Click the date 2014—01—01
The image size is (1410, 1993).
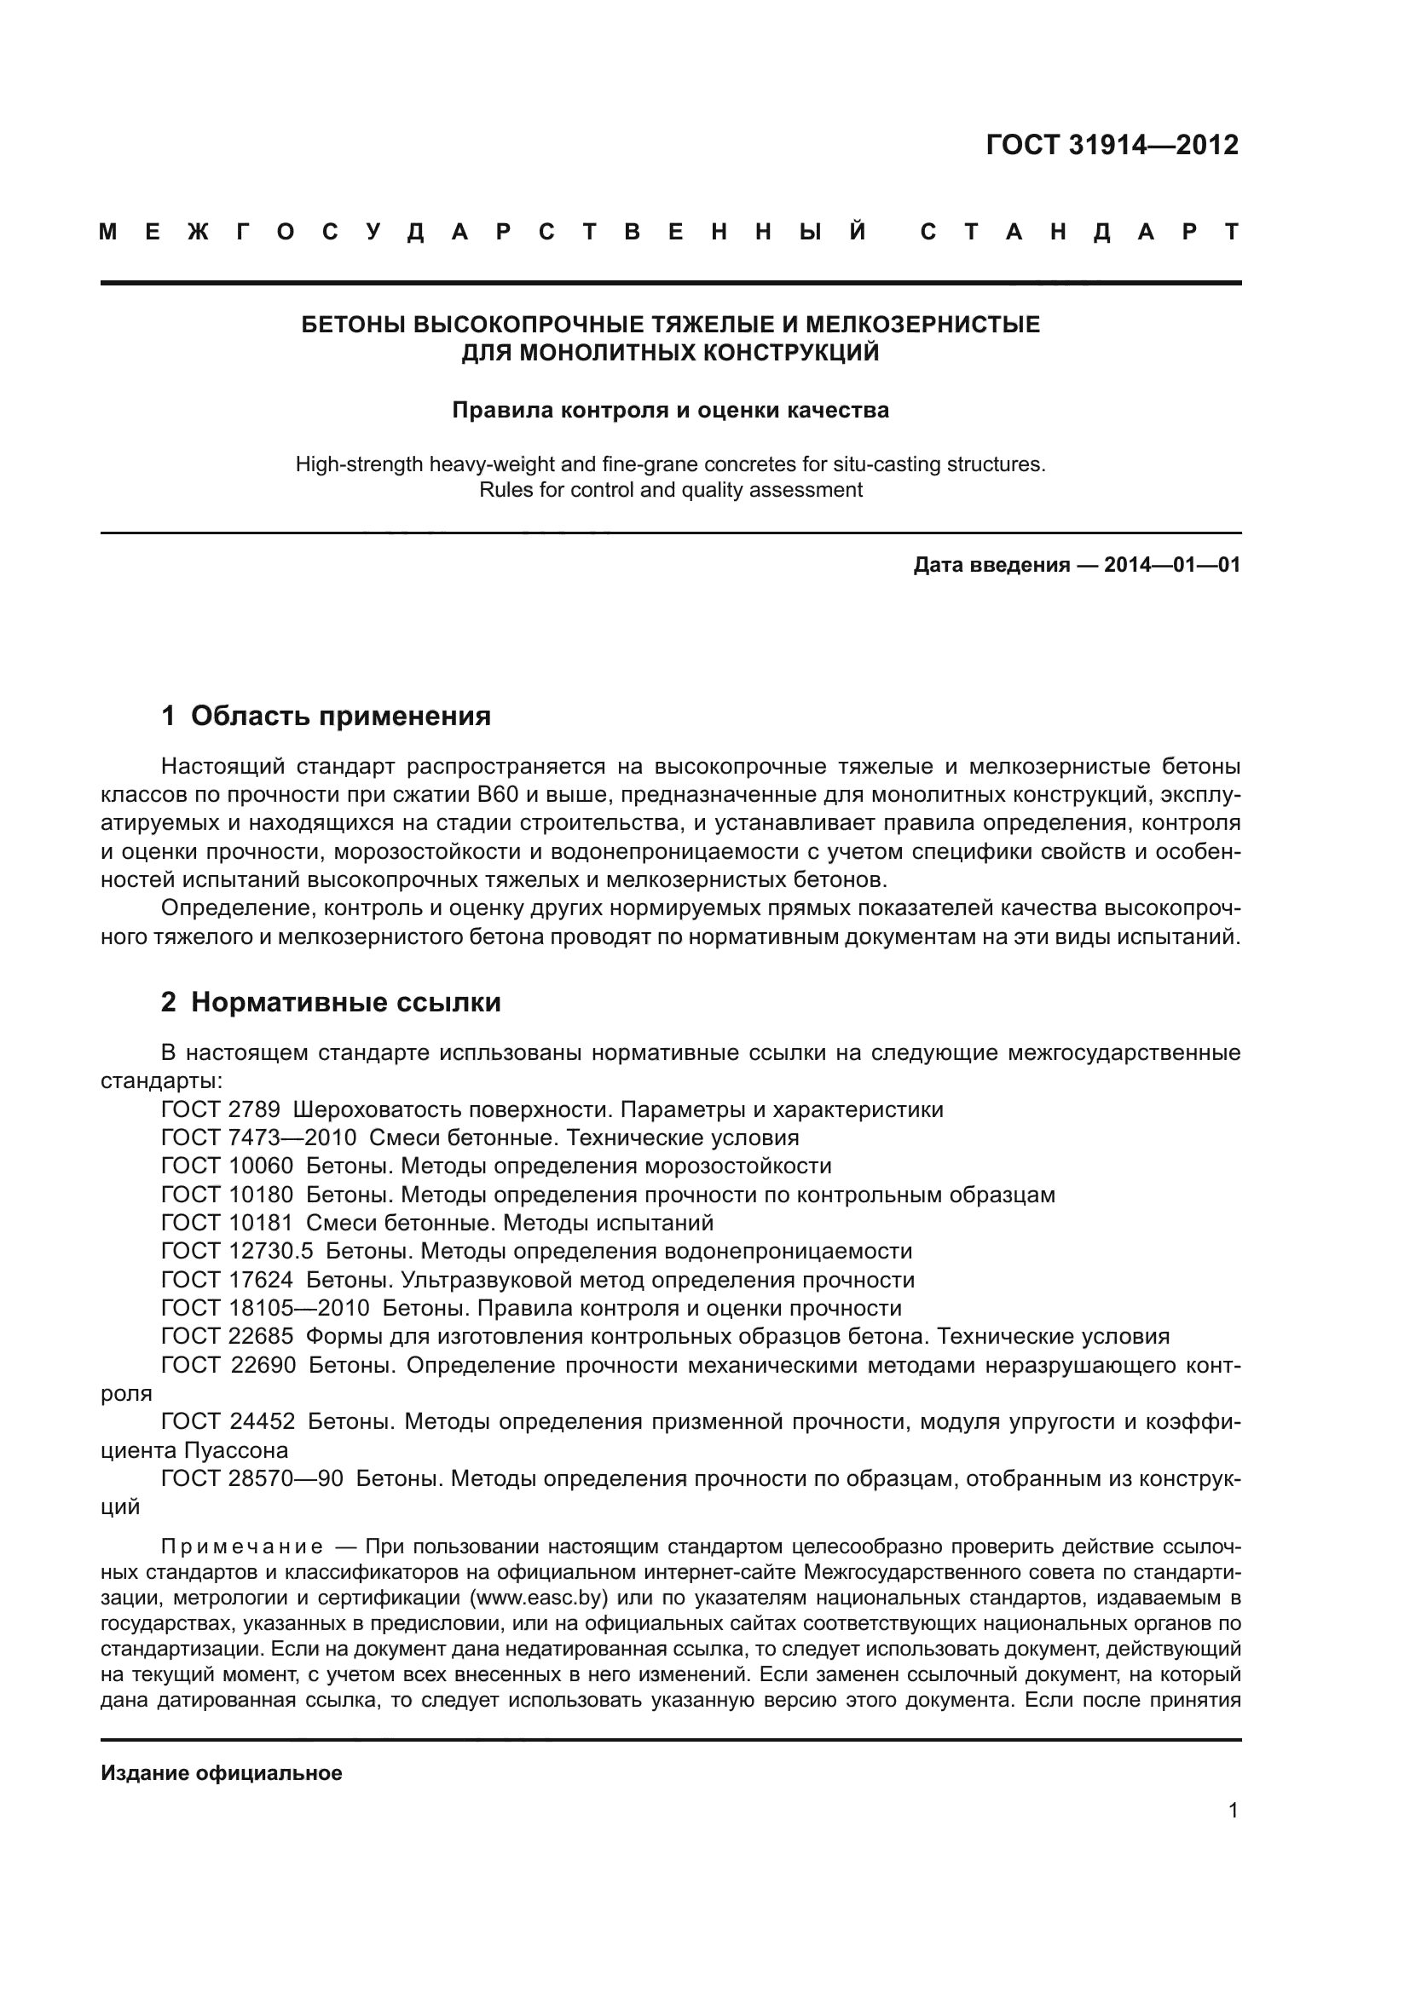1171,566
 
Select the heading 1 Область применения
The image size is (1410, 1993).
326,716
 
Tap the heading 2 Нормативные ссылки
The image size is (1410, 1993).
331,1003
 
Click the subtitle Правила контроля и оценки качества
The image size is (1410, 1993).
670,410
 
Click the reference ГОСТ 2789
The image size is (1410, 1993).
221,1110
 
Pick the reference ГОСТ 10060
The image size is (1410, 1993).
228,1166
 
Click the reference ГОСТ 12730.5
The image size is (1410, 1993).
237,1251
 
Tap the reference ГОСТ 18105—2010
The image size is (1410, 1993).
265,1308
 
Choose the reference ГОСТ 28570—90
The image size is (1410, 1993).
251,1479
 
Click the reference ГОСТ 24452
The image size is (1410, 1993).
228,1422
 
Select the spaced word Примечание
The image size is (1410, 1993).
242,1547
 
